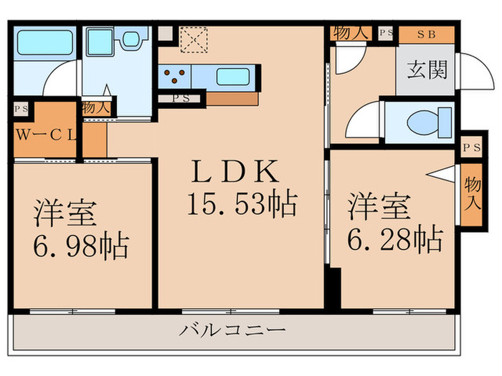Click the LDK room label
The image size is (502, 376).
(234, 173)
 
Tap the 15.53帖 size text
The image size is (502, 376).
(242, 205)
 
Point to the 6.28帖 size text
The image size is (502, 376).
(395, 239)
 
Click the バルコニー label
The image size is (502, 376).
(232, 331)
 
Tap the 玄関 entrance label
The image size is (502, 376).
(427, 69)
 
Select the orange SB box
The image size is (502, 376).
(427, 33)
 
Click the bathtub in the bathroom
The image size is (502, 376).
(45, 42)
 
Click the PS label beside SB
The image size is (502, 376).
(387, 33)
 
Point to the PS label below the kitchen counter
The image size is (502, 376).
(181, 99)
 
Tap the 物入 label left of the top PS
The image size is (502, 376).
(351, 32)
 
